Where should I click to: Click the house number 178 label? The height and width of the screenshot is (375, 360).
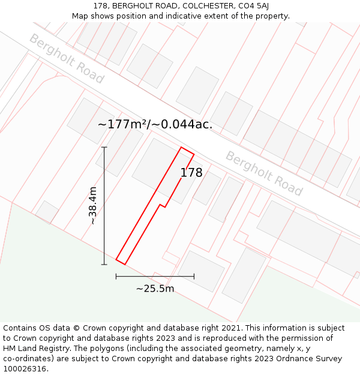191,173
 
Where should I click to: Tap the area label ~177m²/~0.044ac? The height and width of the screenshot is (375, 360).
155,125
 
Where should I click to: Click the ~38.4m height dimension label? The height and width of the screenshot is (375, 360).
93,205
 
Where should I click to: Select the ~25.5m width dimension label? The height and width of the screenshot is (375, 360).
155,289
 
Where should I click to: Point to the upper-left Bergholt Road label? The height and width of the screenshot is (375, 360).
67,59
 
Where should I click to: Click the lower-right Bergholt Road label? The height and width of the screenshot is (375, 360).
264,173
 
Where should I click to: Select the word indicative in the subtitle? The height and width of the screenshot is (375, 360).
182,16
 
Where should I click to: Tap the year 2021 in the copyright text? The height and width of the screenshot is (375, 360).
231,328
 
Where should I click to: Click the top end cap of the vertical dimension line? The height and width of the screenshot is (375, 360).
104,147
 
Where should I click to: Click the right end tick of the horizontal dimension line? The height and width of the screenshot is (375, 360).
194,277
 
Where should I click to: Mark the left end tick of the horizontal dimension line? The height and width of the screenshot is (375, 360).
116,277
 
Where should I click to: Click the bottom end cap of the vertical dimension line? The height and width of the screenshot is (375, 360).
104,264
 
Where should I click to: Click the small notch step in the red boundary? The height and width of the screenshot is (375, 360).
161,206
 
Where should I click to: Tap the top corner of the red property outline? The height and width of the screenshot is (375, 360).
181,148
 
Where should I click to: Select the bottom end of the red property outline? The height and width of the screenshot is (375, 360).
121,262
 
